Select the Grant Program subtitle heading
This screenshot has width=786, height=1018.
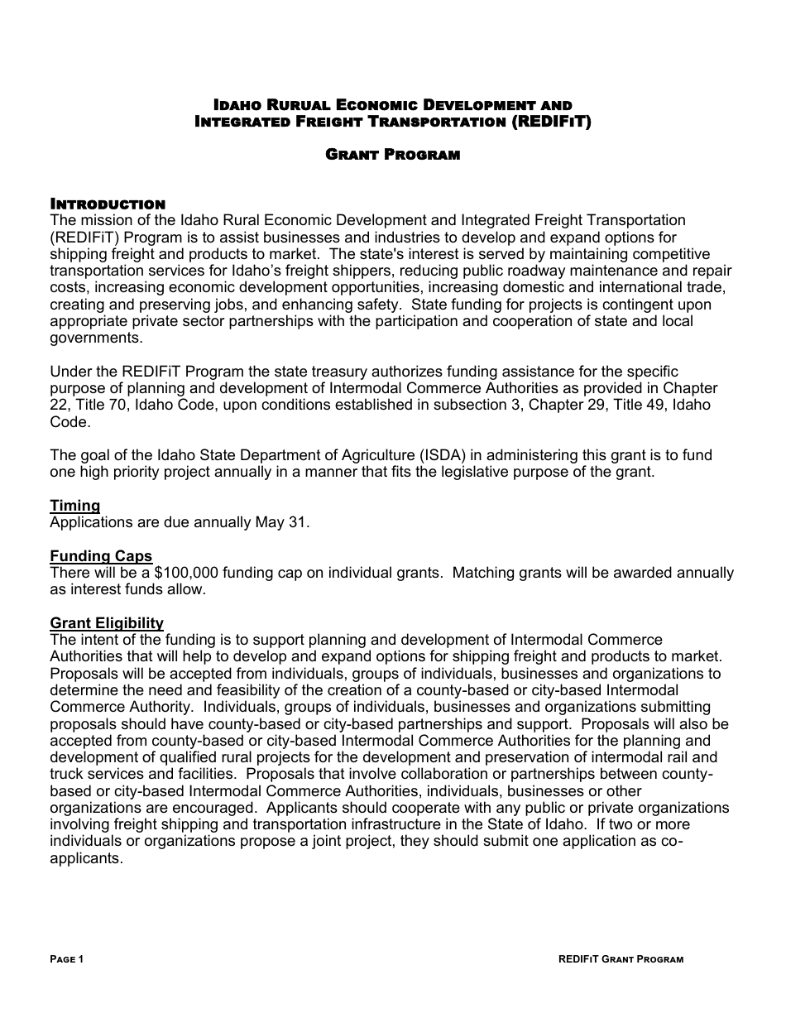click(x=392, y=155)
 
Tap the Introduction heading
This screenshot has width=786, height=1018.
click(x=108, y=204)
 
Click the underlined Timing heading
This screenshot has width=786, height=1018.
click(x=74, y=506)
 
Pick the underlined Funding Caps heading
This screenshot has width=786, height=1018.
click(x=101, y=556)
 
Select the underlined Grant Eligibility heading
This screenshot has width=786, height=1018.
click(x=107, y=623)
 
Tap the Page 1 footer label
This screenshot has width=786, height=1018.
click(x=67, y=959)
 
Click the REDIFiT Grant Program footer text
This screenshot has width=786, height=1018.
click(x=621, y=959)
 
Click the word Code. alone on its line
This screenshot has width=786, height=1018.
click(x=69, y=422)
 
